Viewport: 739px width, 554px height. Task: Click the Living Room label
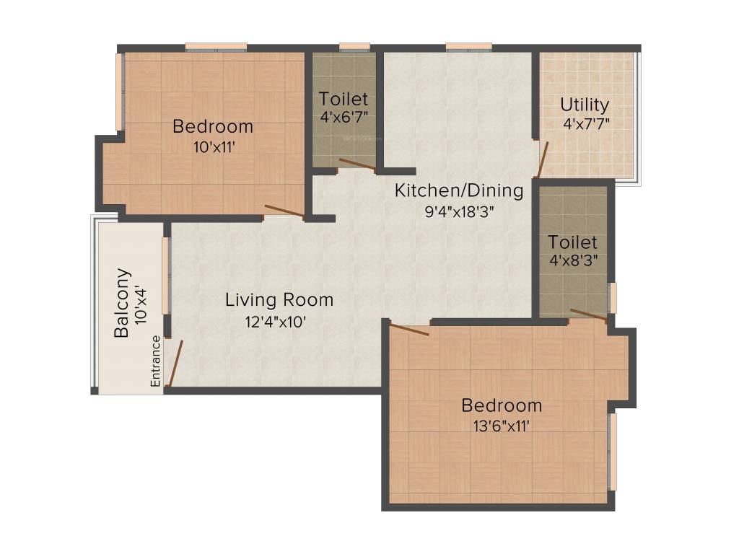[279, 299]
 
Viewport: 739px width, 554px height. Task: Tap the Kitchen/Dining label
[458, 190]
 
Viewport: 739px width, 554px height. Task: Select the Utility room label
[585, 105]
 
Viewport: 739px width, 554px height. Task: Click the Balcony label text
[123, 303]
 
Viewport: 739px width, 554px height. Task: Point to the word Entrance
[155, 361]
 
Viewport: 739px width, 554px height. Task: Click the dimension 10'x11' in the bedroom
[213, 146]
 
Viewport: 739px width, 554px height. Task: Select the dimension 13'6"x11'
[500, 425]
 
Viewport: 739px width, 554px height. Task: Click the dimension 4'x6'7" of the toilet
[344, 115]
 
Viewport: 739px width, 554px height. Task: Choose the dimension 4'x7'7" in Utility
[587, 123]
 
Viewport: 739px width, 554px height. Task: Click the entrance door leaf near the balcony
[174, 364]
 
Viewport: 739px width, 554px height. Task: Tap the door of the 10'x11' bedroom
[284, 211]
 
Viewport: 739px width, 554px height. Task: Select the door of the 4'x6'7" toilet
[357, 165]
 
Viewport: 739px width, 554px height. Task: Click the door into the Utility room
[542, 159]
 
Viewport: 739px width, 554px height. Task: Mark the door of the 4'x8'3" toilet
[588, 313]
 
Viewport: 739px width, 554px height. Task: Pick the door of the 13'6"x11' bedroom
[409, 330]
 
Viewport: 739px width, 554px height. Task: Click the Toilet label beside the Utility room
[572, 242]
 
